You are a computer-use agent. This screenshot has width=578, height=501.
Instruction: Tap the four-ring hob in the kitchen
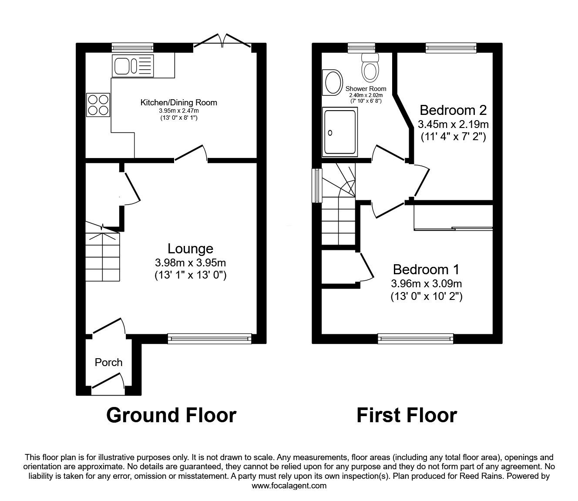point(98,105)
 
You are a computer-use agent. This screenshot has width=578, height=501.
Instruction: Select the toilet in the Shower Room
point(370,68)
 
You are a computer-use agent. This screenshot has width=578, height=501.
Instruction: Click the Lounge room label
point(190,249)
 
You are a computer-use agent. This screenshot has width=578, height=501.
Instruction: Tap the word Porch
point(108,362)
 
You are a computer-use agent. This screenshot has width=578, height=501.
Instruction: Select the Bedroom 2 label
point(453,109)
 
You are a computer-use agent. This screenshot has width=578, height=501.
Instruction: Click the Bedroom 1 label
point(426,269)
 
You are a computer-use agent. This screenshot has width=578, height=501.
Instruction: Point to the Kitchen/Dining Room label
point(178,103)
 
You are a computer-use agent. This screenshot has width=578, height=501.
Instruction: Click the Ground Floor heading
point(171,415)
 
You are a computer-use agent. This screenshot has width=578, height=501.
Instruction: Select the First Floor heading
point(407,415)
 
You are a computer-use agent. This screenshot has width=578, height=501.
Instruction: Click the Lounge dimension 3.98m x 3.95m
point(190,263)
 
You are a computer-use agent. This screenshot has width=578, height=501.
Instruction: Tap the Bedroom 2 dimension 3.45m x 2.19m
point(453,124)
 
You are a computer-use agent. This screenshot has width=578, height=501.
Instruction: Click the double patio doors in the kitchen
point(223,42)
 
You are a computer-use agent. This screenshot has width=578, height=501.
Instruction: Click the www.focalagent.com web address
point(289,486)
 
